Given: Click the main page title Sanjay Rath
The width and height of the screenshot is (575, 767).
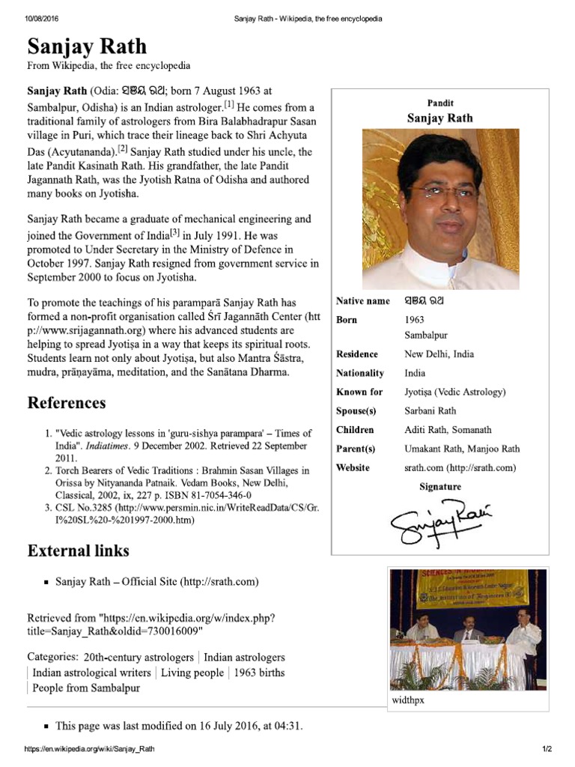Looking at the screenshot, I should click(87, 46).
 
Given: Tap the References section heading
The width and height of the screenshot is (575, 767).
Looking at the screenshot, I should click(67, 403).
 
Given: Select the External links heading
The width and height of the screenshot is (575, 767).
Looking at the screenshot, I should click(79, 551).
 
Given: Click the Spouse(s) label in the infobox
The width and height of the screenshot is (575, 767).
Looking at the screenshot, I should click(356, 411).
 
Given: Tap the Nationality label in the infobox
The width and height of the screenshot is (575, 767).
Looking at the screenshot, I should click(360, 373).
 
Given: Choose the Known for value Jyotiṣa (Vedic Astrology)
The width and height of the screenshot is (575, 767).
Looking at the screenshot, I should click(455, 392).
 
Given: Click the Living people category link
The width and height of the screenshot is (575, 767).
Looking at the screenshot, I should click(192, 673).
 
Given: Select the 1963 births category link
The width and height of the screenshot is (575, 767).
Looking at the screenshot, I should click(259, 673).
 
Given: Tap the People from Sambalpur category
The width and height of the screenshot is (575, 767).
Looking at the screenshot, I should click(86, 688).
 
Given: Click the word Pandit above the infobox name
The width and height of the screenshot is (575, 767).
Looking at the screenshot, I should click(440, 103).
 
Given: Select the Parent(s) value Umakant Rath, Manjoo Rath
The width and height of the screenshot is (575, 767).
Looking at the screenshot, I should click(463, 449).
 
